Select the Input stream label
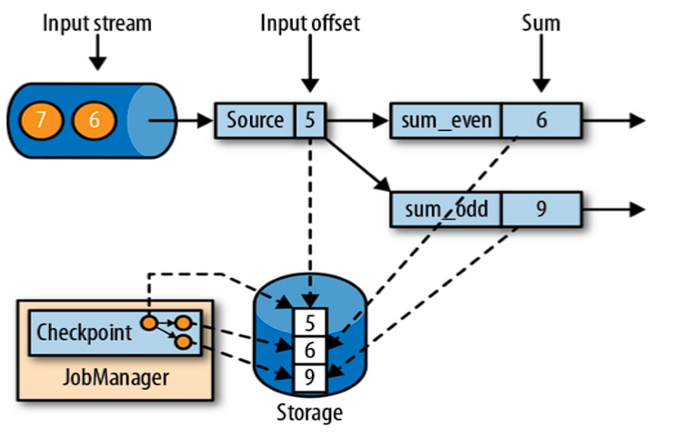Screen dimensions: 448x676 pyautogui.click(x=96, y=22)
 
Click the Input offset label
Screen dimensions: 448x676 pyautogui.click(x=309, y=22)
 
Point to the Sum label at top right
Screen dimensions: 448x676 pyautogui.click(x=540, y=22)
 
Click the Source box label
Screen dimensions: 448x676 pyautogui.click(x=255, y=120)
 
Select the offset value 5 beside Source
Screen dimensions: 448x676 pyautogui.click(x=310, y=120)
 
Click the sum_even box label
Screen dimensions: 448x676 pyautogui.click(x=446, y=120)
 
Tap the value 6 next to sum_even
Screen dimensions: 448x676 pyautogui.click(x=540, y=120)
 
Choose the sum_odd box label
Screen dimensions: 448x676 pyautogui.click(x=446, y=209)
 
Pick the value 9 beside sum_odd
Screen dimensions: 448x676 pyautogui.click(x=540, y=209)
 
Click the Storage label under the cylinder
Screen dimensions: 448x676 pyautogui.click(x=309, y=413)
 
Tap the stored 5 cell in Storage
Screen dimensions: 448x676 pyautogui.click(x=309, y=323)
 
